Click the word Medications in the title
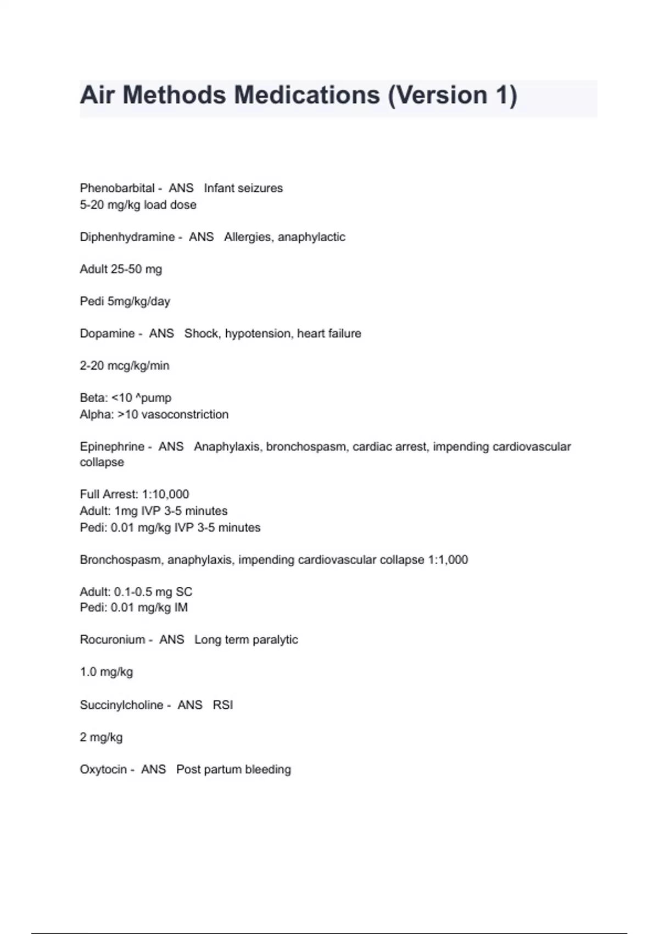coord(306,95)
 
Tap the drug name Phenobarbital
coord(117,188)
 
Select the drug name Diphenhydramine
coord(127,237)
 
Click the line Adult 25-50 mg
coord(121,269)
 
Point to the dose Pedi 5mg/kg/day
coord(125,302)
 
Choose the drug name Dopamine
coord(107,333)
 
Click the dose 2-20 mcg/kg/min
coord(124,366)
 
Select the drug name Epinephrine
coord(112,447)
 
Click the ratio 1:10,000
coord(165,494)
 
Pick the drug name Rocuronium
coord(112,640)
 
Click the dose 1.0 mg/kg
coord(106,672)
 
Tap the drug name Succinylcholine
coord(121,705)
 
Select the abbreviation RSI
coord(223,705)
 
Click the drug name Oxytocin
coord(103,770)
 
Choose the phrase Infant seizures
coord(243,188)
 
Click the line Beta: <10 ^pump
coord(125,398)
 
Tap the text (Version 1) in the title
coord(453,95)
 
